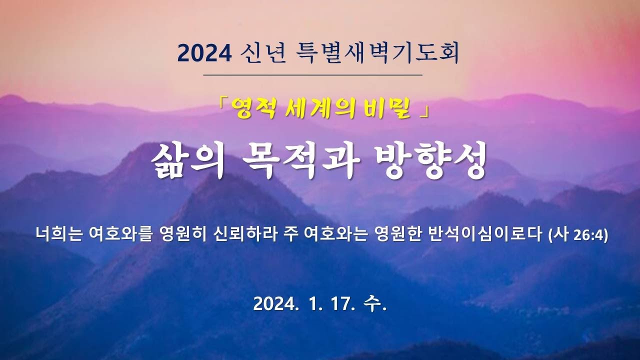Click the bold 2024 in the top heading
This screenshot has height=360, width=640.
(x=204, y=53)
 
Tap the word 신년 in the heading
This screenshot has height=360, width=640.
(x=263, y=53)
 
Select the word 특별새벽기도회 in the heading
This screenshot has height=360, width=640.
(x=377, y=53)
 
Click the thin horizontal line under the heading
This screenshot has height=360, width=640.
(x=313, y=75)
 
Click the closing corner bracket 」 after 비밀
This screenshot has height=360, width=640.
(x=425, y=112)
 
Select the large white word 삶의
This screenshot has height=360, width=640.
(x=187, y=161)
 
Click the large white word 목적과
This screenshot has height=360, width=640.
(x=300, y=161)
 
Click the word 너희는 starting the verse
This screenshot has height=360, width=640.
(x=59, y=234)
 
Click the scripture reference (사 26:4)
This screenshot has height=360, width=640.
(x=578, y=235)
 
